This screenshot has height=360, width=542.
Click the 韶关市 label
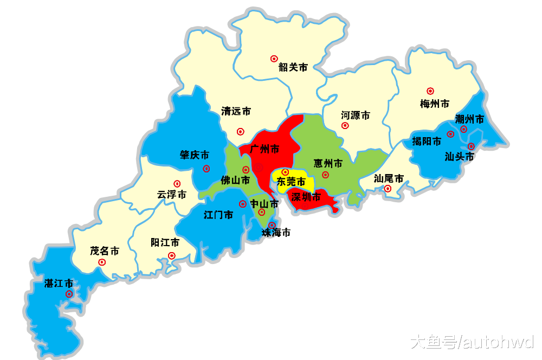click(x=293, y=67)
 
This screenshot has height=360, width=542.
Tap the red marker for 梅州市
click(x=430, y=91)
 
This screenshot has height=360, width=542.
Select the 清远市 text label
click(x=236, y=111)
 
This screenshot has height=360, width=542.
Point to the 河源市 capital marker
click(x=345, y=126)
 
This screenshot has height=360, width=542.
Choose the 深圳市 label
click(x=306, y=197)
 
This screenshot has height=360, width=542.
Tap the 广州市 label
click(x=264, y=149)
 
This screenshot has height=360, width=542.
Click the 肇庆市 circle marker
click(x=207, y=169)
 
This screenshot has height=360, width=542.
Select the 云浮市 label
click(x=172, y=194)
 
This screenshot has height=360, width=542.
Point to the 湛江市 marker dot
click(x=69, y=294)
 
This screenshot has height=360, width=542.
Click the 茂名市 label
click(x=105, y=251)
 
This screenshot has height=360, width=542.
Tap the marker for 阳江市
click(x=172, y=256)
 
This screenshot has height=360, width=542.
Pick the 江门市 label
click(x=218, y=215)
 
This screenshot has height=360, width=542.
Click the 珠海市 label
click(x=276, y=233)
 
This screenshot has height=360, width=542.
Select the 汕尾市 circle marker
click(x=388, y=189)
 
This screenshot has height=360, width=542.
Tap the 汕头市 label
click(x=459, y=157)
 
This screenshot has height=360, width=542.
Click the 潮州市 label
click(x=469, y=119)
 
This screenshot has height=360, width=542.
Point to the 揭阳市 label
click(x=427, y=142)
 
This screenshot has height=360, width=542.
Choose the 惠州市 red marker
click(x=326, y=175)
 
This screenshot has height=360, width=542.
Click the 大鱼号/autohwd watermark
click(x=472, y=342)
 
